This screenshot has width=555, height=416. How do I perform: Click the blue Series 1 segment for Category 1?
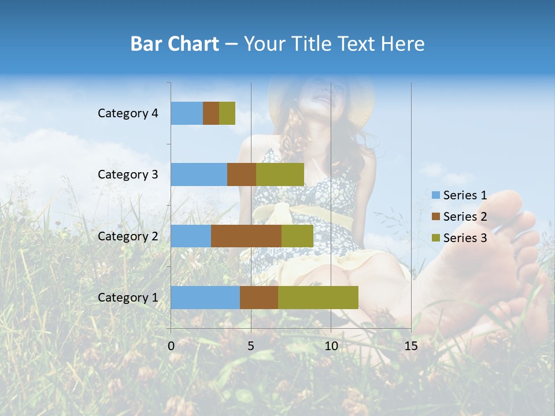pyautogui.click(x=205, y=297)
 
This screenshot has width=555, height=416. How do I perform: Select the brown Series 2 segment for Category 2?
pyautogui.click(x=246, y=236)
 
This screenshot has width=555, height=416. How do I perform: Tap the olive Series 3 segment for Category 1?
pyautogui.click(x=318, y=297)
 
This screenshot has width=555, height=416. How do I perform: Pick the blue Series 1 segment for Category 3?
pyautogui.click(x=199, y=174)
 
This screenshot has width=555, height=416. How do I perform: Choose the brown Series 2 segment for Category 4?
pyautogui.click(x=211, y=113)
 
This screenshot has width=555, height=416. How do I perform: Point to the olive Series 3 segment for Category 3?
pyautogui.click(x=280, y=174)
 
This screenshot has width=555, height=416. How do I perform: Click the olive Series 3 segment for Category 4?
pyautogui.click(x=227, y=113)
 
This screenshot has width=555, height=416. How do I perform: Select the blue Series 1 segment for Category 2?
pyautogui.click(x=191, y=236)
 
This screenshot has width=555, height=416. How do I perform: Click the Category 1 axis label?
pyautogui.click(x=128, y=298)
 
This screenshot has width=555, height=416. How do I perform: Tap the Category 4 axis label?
pyautogui.click(x=128, y=113)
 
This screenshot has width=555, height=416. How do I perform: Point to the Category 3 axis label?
pyautogui.click(x=128, y=174)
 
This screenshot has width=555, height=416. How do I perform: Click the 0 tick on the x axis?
pyautogui.click(x=171, y=346)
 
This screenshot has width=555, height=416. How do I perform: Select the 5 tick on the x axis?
pyautogui.click(x=251, y=346)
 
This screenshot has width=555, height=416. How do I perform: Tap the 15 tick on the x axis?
pyautogui.click(x=410, y=346)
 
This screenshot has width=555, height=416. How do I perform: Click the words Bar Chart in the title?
pyautogui.click(x=175, y=44)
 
